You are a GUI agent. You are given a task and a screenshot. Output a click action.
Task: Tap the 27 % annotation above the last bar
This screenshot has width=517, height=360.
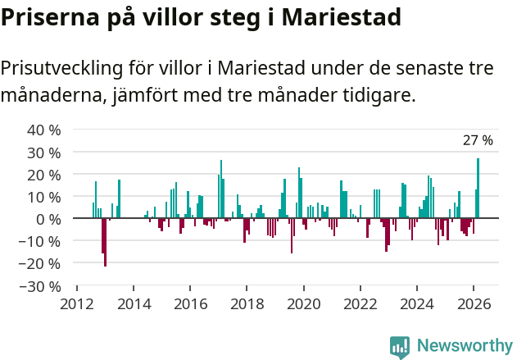click(x=478, y=140)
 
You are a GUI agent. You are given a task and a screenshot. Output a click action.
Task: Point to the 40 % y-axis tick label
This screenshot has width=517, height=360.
click(x=44, y=130)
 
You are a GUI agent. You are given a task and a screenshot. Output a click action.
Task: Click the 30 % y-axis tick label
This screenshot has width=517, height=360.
click(x=44, y=153)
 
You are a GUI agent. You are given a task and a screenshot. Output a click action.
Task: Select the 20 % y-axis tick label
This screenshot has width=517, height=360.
click(x=44, y=175)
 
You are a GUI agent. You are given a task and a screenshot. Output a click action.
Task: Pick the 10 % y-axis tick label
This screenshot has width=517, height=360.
click(x=44, y=197)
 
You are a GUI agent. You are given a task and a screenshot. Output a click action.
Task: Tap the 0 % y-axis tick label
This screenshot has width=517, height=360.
click(x=48, y=219)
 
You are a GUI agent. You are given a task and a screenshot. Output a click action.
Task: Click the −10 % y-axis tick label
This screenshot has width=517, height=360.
click(x=41, y=241)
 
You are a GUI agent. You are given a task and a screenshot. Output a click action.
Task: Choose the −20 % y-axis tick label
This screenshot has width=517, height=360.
click(x=41, y=264)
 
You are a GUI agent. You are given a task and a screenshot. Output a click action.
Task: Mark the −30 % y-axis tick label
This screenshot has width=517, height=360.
click(x=41, y=286)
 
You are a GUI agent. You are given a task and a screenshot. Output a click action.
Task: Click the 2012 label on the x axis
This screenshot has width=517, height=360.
click(x=77, y=303)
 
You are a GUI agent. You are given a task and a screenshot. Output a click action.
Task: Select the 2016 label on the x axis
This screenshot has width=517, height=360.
click(x=190, y=303)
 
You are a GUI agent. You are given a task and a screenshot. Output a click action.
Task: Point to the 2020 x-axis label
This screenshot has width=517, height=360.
click(x=304, y=303)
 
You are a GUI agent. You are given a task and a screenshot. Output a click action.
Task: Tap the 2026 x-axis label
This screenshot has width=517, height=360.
click(x=474, y=303)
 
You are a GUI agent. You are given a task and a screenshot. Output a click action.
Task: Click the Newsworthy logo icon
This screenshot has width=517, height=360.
click(x=400, y=346)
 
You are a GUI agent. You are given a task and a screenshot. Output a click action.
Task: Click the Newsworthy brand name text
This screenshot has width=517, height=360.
click(x=464, y=346)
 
